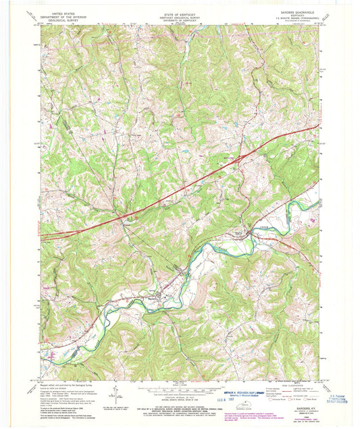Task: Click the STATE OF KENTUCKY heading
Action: [180, 11]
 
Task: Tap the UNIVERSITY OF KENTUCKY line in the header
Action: [180, 20]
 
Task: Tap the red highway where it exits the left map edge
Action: [42, 238]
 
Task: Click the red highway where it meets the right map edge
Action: [317, 126]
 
